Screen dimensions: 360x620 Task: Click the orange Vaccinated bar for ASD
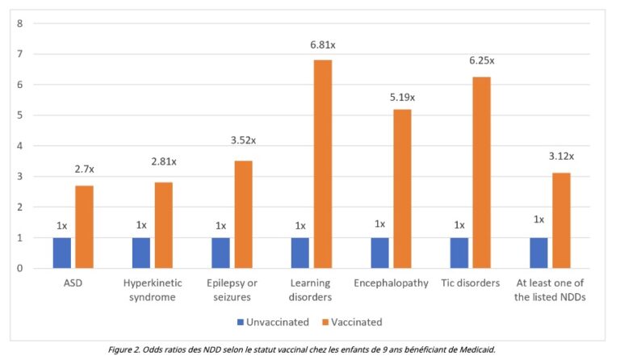coord(84,227)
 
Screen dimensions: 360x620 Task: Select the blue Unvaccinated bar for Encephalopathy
coord(379,253)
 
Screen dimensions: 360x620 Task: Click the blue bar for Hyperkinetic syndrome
coord(141,253)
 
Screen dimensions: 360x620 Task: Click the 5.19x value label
coord(401,98)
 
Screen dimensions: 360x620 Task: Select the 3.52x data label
coord(243,140)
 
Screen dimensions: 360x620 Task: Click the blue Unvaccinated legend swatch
coord(240,322)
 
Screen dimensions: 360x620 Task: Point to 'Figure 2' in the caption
coord(128,350)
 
